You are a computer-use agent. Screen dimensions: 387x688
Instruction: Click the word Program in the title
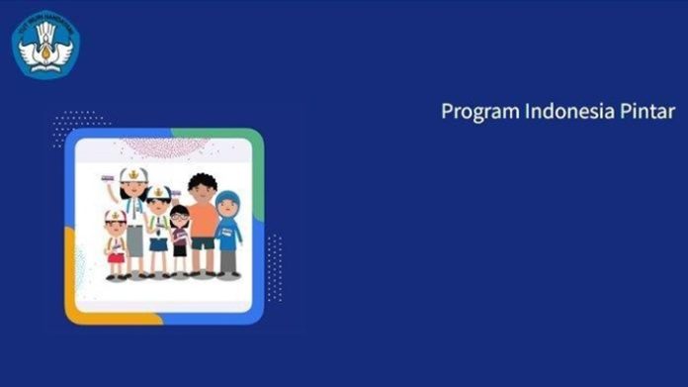click(472, 112)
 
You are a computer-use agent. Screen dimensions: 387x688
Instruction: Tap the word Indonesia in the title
click(554, 111)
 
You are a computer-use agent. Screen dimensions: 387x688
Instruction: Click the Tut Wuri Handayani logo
click(45, 44)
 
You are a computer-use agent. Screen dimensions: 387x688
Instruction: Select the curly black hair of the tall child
click(202, 184)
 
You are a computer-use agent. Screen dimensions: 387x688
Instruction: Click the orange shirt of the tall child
click(203, 220)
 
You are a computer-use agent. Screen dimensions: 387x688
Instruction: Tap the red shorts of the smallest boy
click(117, 259)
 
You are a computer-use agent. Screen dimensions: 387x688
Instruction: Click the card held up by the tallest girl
click(108, 177)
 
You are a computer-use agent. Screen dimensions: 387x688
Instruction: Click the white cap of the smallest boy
click(115, 215)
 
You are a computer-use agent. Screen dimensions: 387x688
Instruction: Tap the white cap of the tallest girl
click(132, 176)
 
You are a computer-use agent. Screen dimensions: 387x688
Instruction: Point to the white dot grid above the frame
click(80, 124)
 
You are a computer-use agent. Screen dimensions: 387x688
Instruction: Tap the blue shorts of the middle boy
click(159, 243)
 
